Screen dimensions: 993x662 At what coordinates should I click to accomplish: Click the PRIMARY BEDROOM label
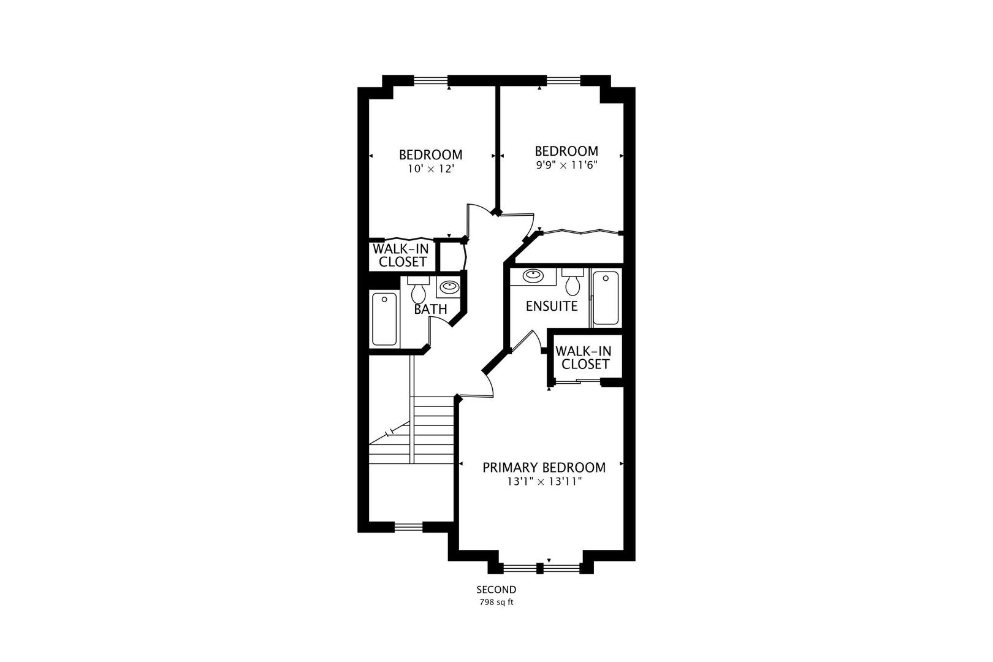click(544, 467)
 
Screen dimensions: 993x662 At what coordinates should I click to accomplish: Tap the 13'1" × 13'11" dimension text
click(544, 482)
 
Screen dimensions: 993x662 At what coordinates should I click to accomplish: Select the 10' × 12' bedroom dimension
click(432, 169)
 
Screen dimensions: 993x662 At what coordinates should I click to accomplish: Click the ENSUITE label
click(552, 306)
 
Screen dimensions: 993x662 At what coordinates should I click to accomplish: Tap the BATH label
click(430, 310)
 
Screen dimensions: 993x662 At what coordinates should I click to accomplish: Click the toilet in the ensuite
click(573, 281)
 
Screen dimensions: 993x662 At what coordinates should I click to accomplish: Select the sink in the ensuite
click(533, 276)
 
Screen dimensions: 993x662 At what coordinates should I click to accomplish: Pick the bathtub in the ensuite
click(606, 298)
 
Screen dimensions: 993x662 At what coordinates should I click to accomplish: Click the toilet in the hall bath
click(418, 289)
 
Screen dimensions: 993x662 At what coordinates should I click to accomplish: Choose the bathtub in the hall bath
click(384, 319)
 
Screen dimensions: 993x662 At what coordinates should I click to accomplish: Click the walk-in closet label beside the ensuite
click(584, 358)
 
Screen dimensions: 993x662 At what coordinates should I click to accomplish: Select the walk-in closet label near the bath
click(401, 256)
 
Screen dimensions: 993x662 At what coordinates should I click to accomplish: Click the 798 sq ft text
click(496, 603)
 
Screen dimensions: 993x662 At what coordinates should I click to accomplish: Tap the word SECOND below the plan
click(496, 590)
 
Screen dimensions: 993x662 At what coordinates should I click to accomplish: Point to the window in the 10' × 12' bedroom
click(431, 80)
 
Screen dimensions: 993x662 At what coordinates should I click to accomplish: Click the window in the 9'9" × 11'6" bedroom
click(563, 80)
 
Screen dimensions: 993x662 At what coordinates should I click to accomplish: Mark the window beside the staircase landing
click(409, 527)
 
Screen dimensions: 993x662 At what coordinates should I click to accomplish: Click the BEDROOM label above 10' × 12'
click(431, 154)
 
